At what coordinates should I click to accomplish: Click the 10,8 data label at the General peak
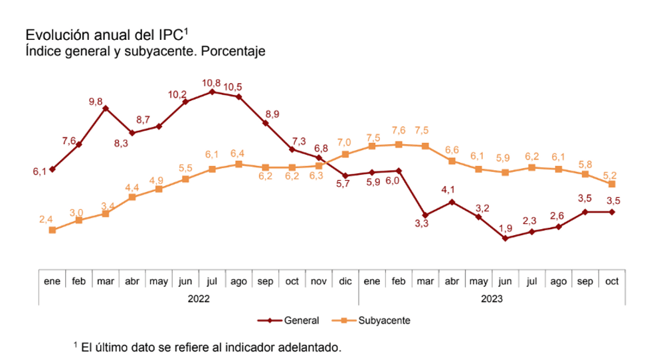tap(211, 83)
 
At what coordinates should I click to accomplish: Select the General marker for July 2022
tap(212, 92)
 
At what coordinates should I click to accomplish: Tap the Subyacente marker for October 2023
tap(612, 184)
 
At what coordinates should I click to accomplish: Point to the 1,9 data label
tap(506, 228)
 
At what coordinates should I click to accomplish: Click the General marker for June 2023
tap(506, 238)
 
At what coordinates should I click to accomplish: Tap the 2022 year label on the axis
tap(199, 299)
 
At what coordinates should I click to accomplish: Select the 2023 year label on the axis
tap(492, 299)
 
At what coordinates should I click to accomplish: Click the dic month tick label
tap(345, 282)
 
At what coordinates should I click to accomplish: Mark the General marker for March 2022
tap(106, 108)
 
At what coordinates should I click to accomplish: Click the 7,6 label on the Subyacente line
tap(399, 131)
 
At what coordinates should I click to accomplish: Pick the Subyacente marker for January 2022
tap(52, 230)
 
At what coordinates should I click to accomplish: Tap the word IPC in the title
tap(169, 35)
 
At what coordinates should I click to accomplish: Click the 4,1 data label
tap(452, 191)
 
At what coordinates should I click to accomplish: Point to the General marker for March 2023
tap(425, 215)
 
